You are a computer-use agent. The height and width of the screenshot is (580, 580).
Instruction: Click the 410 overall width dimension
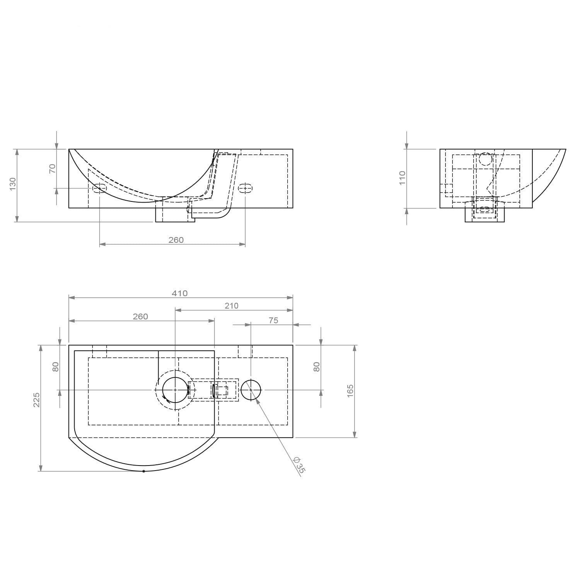(x=180, y=293)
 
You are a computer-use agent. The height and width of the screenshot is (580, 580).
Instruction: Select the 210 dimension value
(x=232, y=305)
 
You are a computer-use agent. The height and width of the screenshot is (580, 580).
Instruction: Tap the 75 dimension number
(x=273, y=320)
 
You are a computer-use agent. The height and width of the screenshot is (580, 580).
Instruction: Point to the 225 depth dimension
(x=36, y=400)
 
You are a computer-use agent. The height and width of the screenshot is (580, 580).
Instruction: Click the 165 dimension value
(x=350, y=391)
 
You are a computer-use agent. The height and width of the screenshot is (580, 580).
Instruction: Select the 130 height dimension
(x=13, y=184)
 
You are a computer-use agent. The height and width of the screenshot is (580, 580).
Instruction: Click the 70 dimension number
(x=53, y=169)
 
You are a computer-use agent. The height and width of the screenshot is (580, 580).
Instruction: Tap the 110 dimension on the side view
(x=402, y=178)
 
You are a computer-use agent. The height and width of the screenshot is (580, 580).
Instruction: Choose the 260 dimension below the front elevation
(x=176, y=240)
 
